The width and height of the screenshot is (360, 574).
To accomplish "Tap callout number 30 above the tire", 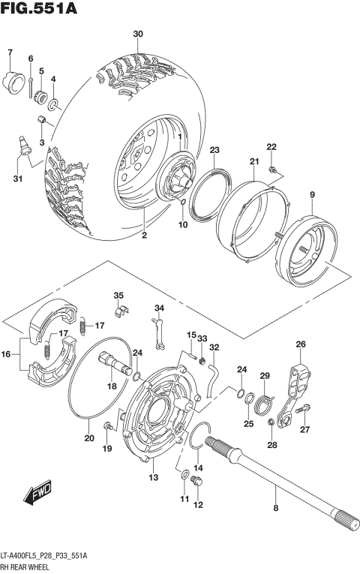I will point(137,35).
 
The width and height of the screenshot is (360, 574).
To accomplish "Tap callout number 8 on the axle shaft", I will point(275,509).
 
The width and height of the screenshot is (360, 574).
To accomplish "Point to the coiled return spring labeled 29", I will point(262,404).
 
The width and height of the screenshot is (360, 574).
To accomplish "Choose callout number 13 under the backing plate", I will point(153,478).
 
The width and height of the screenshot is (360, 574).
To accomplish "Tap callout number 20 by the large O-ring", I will point(88,438).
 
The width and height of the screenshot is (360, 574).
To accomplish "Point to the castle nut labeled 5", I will point(42,96).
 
